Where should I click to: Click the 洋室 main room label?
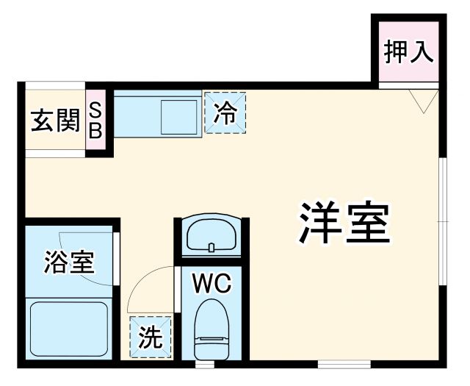tap(343, 223)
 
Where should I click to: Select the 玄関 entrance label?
tap(54, 120)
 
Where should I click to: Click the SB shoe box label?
tap(96, 120)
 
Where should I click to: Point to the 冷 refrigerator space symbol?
tap(225, 112)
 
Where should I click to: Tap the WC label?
tap(212, 282)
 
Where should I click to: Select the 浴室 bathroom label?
tap(69, 262)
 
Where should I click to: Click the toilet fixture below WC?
tap(212, 335)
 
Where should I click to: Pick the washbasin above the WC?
tap(212, 235)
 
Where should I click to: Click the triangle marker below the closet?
tap(424, 101)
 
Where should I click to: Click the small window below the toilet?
tap(205, 363)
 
